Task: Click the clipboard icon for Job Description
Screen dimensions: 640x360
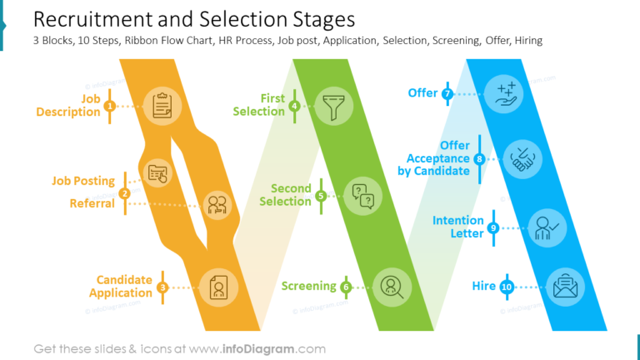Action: point(162,106)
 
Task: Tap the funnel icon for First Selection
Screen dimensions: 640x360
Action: point(333,107)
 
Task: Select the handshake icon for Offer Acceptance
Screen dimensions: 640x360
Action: point(522,159)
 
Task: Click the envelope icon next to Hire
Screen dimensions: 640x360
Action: point(565,287)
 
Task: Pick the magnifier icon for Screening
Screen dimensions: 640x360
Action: point(392,287)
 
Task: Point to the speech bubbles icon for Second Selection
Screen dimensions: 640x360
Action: point(362,197)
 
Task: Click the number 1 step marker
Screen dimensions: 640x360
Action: point(109,106)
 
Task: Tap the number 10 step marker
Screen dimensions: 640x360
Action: point(507,287)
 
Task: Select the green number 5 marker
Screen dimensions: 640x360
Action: point(321,197)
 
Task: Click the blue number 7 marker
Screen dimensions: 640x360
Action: point(447,94)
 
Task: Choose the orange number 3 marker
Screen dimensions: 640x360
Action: point(162,287)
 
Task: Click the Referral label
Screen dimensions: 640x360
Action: point(92,203)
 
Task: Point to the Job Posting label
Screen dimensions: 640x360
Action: point(83,181)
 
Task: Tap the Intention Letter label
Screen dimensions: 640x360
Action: point(458,227)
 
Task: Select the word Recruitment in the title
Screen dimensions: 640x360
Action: point(92,19)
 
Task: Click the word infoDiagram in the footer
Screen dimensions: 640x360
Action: point(258,349)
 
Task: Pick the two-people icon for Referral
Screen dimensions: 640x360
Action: point(217,205)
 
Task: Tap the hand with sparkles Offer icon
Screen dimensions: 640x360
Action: point(506,94)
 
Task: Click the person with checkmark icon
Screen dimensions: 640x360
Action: point(547,227)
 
